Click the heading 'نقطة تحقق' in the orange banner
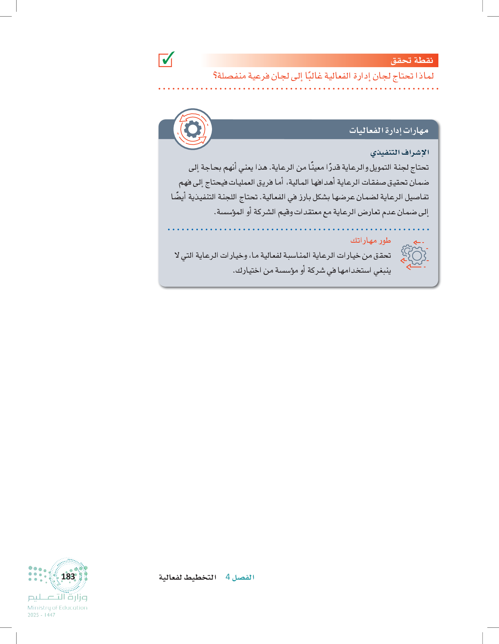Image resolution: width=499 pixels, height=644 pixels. (x=412, y=60)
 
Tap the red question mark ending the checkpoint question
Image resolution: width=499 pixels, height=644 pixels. (x=215, y=76)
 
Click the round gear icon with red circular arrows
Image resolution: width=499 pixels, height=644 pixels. (x=193, y=129)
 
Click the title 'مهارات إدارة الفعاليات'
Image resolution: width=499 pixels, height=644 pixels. (x=388, y=130)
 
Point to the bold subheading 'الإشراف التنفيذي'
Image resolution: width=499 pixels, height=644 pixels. (x=399, y=152)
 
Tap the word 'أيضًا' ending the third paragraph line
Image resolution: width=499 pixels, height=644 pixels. (x=178, y=197)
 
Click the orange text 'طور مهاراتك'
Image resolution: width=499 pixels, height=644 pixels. (x=370, y=241)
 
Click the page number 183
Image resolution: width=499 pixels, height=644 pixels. (x=68, y=576)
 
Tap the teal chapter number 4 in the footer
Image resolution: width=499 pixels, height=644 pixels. (x=228, y=577)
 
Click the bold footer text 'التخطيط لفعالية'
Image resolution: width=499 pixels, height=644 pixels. (x=188, y=577)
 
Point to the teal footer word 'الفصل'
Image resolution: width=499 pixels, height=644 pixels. (x=243, y=577)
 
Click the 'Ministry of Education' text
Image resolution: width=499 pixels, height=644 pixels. (x=58, y=608)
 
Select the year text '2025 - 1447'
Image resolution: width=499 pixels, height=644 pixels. (x=41, y=615)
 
